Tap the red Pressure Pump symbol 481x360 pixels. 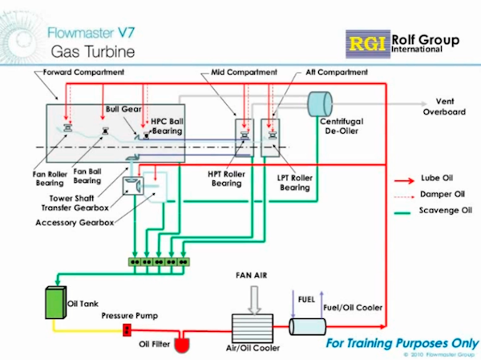[x=126, y=330]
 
